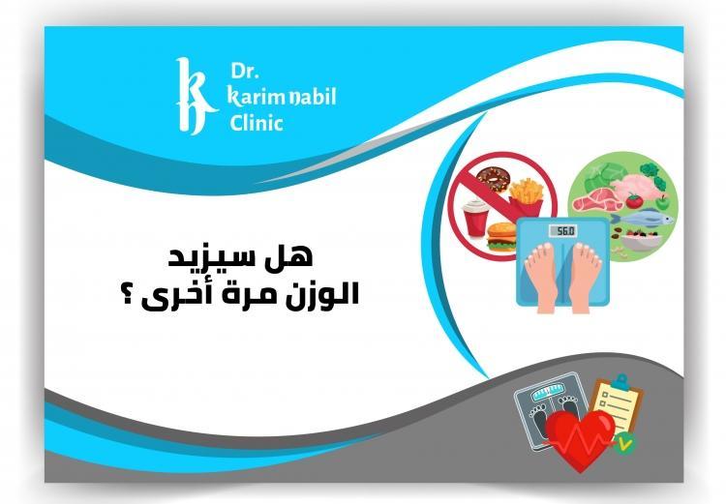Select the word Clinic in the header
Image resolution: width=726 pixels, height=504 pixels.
(x=257, y=123)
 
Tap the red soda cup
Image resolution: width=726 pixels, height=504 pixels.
(x=478, y=218)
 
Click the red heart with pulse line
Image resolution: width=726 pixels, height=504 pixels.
(x=578, y=436)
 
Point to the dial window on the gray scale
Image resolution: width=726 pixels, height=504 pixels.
(x=541, y=395)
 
